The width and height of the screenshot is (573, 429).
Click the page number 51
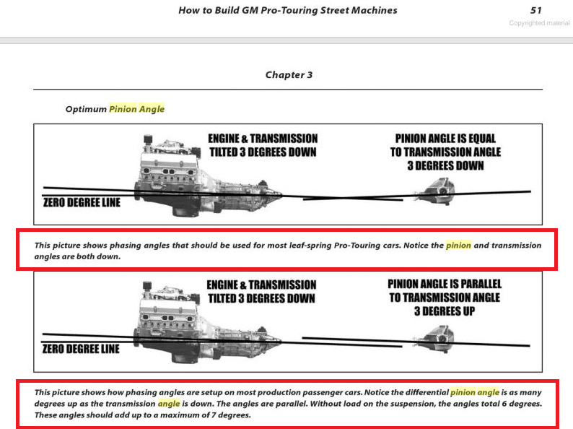click(536, 10)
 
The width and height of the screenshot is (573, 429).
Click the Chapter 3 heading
click(289, 74)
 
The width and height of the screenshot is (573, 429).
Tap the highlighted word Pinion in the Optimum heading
click(123, 109)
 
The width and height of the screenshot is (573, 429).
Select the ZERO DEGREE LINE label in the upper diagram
click(82, 202)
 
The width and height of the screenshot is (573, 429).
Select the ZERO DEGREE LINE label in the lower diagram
click(81, 349)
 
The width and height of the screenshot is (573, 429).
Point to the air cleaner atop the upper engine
click(148, 139)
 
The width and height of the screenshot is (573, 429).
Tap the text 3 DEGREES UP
click(445, 311)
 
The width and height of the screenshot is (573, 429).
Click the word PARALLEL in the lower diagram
click(481, 284)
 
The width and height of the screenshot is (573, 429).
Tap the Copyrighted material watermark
click(539, 23)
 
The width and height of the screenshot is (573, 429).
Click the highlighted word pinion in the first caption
click(458, 245)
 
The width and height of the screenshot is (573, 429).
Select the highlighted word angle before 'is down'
click(169, 404)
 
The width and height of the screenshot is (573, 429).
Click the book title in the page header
click(288, 10)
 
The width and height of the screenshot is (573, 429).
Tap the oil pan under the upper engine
click(186, 209)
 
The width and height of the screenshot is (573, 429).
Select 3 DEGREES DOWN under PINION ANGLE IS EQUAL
click(445, 165)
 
